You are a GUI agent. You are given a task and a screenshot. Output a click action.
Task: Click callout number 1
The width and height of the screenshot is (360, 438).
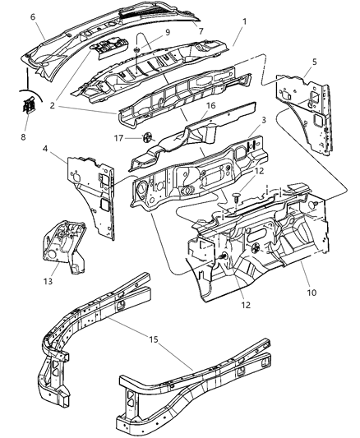[x=236, y=37]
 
